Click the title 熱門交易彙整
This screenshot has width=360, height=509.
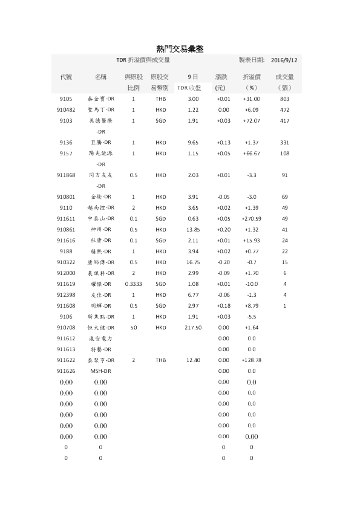coord(179,48)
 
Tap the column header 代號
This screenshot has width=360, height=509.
coord(66,77)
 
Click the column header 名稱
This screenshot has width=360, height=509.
coord(100,77)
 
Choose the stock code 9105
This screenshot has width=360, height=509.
coord(66,99)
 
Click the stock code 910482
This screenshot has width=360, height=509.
coord(66,109)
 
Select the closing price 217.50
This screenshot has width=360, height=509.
coord(193,327)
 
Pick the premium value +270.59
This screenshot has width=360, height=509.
coord(252,218)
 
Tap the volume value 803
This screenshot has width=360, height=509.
coord(285,99)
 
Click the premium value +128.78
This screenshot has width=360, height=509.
coord(252,360)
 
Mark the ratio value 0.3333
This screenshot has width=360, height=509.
coord(134,284)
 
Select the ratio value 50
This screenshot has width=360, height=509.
coord(134,327)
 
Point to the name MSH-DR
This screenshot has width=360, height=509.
coord(100,371)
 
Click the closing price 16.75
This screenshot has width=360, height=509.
coord(193,262)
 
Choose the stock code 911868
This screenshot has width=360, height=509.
coord(66,175)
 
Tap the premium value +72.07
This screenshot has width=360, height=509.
coord(252,120)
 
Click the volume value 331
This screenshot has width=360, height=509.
coord(285,142)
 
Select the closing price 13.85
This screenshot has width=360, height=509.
coord(193,229)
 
